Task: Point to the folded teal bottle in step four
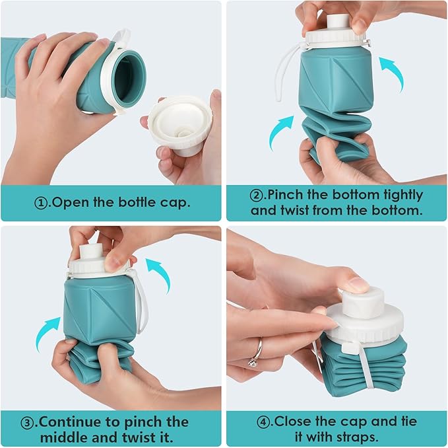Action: (x=366, y=370)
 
